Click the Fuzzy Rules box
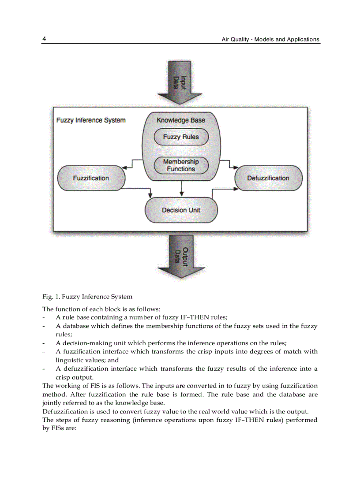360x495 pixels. point(181,137)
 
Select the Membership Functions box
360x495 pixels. point(181,165)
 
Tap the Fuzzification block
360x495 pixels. point(91,178)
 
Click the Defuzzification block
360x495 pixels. point(268,178)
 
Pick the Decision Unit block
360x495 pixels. point(181,210)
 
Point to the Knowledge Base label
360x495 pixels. point(181,120)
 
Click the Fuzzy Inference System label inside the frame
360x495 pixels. point(91,120)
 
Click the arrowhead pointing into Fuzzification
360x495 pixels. point(124,167)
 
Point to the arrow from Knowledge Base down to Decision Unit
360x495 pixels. point(181,190)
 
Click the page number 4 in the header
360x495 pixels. point(44,39)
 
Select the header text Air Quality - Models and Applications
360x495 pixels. point(270,39)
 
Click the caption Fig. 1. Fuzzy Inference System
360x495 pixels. point(87,297)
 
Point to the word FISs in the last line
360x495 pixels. point(51,428)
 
